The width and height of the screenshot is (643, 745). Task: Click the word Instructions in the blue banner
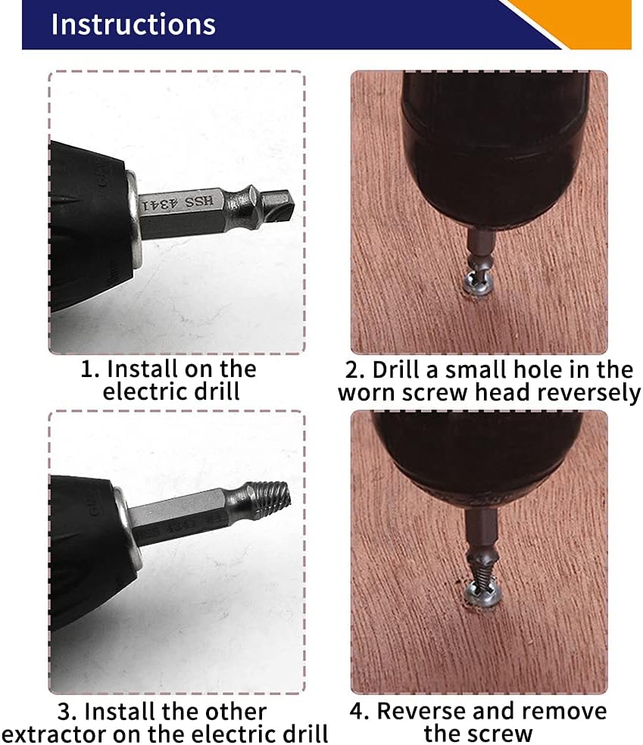[x=133, y=24]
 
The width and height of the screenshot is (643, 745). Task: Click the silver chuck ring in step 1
[x=133, y=220]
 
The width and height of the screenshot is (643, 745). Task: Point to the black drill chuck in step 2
[x=494, y=148]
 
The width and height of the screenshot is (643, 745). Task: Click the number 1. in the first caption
[x=90, y=369]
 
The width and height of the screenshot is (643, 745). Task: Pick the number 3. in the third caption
[x=67, y=712]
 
